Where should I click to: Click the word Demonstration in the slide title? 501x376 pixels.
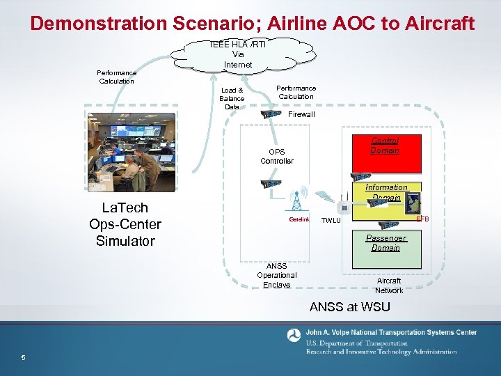click(98, 24)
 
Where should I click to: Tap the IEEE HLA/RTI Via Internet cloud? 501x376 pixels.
click(238, 54)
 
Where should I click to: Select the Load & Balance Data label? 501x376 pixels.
click(232, 99)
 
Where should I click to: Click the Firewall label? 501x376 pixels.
click(301, 114)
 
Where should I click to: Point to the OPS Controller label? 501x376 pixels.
click(277, 156)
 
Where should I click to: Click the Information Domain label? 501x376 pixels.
click(386, 192)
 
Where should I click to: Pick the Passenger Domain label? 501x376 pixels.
click(385, 243)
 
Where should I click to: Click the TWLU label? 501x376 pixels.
click(331, 221)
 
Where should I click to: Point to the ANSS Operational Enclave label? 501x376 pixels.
click(276, 275)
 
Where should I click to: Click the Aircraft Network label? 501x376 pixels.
click(389, 285)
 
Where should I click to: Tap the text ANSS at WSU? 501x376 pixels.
click(349, 306)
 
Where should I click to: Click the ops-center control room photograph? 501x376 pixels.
click(132, 150)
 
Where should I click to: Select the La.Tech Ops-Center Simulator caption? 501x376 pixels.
click(125, 224)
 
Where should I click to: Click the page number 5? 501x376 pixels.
click(23, 358)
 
